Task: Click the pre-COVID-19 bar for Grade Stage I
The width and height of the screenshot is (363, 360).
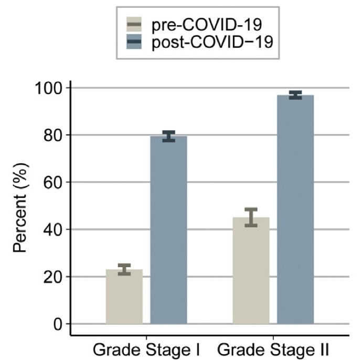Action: click(124, 297)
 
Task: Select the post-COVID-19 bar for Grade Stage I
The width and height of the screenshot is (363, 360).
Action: click(168, 231)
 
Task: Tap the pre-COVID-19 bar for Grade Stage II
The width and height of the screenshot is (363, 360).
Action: click(251, 271)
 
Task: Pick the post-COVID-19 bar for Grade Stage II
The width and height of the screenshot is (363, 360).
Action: click(295, 210)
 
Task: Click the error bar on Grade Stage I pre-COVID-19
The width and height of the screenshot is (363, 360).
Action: click(124, 270)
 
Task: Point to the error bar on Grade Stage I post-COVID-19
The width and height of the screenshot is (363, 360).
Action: click(168, 136)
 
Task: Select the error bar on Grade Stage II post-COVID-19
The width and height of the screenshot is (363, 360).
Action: click(295, 95)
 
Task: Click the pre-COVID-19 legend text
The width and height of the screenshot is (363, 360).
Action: click(205, 25)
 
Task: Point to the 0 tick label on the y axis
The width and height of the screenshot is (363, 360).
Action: click(57, 324)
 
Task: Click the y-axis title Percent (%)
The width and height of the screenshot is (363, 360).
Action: click(19, 206)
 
